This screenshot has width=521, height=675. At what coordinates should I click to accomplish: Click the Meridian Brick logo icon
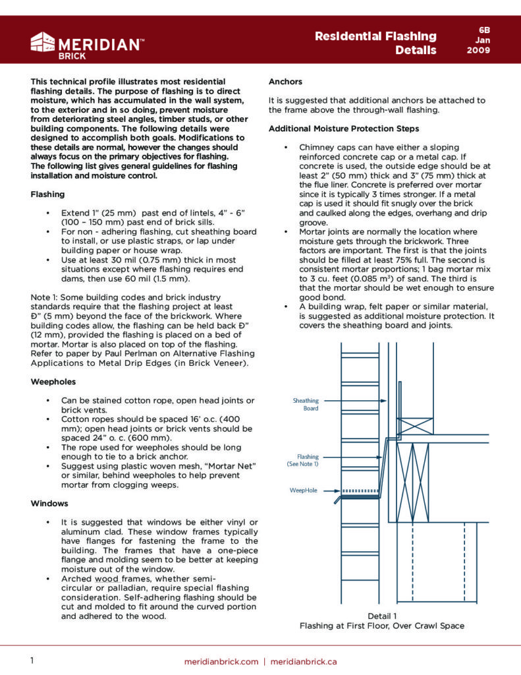coord(43,42)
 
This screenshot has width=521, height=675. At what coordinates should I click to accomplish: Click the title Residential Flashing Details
coord(375,42)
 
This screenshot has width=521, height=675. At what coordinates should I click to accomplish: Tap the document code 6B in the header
coord(483,30)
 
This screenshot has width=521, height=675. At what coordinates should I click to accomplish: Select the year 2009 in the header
coord(479,50)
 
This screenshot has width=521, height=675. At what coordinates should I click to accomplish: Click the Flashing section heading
coord(47,194)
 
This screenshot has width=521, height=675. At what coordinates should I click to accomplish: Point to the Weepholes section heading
coord(53,382)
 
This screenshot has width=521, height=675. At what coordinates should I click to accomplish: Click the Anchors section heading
coord(285,82)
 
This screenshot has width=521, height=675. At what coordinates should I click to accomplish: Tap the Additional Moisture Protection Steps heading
coord(343,128)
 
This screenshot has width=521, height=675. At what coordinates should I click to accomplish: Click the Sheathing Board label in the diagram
coord(306,404)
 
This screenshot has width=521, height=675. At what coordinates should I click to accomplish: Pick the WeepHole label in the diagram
coord(304,490)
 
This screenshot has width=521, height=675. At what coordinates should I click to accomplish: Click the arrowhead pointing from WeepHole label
coord(337,490)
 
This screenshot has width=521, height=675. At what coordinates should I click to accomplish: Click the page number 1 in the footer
coord(33,660)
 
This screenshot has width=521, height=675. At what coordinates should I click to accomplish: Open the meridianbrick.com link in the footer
coord(221,661)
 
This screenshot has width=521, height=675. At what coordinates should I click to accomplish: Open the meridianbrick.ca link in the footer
coord(304,661)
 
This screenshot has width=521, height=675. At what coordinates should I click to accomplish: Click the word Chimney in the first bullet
coord(318,148)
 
